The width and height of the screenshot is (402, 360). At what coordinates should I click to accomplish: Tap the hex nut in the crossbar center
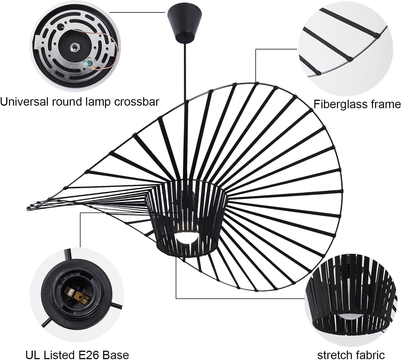point(73,47)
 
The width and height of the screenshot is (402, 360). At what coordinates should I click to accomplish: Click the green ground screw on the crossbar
point(89,64)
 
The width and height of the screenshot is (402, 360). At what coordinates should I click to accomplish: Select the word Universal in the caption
point(24,102)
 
